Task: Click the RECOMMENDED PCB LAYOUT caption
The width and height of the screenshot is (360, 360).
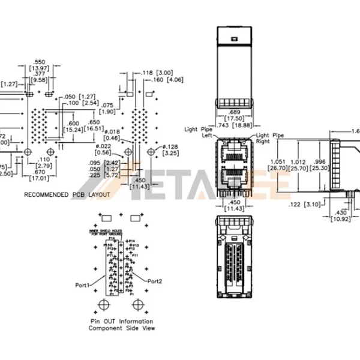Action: [67, 195]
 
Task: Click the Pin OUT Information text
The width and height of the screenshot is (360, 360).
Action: [122, 322]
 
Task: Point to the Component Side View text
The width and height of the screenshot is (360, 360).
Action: [122, 329]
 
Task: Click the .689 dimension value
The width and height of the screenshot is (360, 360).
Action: [234, 112]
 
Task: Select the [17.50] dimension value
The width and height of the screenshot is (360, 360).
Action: [234, 118]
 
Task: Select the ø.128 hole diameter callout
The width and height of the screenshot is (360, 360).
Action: [172, 147]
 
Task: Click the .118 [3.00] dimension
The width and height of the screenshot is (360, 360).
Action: [157, 72]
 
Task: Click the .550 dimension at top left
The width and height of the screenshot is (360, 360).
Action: [40, 62]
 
